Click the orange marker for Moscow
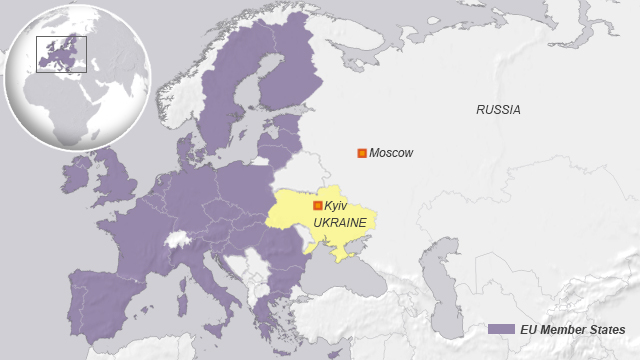click(x=361, y=153)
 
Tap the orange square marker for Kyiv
click(x=318, y=205)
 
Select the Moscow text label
click(x=391, y=153)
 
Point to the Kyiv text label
click(x=336, y=205)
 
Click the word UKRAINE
click(x=340, y=221)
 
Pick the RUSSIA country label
click(x=497, y=110)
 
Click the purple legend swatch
click(x=501, y=329)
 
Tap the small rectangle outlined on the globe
click(x=61, y=53)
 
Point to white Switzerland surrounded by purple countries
click(x=178, y=240)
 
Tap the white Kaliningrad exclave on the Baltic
click(x=261, y=160)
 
